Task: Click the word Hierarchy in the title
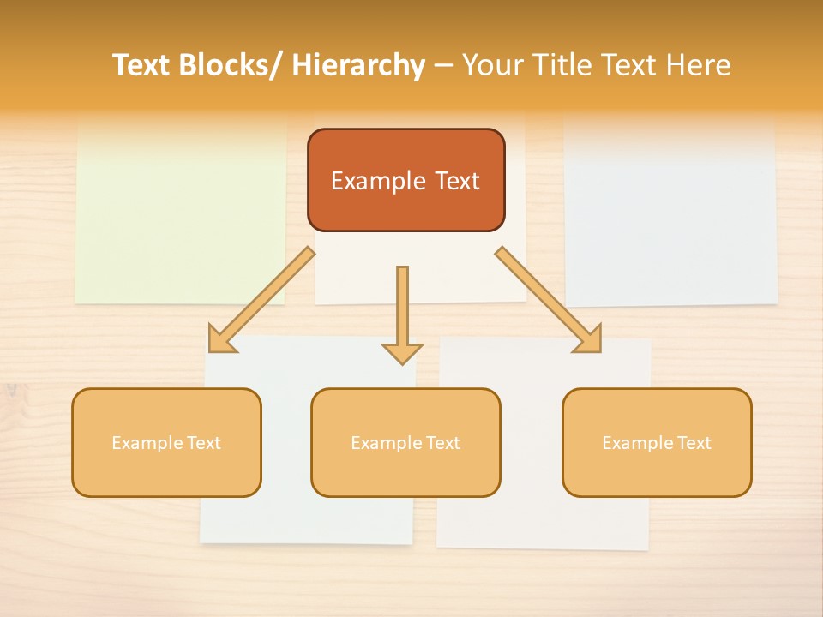[x=358, y=65]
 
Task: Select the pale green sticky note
[x=180, y=214]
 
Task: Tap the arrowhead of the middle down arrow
[x=402, y=352]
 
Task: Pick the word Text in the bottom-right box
[x=693, y=443]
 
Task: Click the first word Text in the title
[x=142, y=65]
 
